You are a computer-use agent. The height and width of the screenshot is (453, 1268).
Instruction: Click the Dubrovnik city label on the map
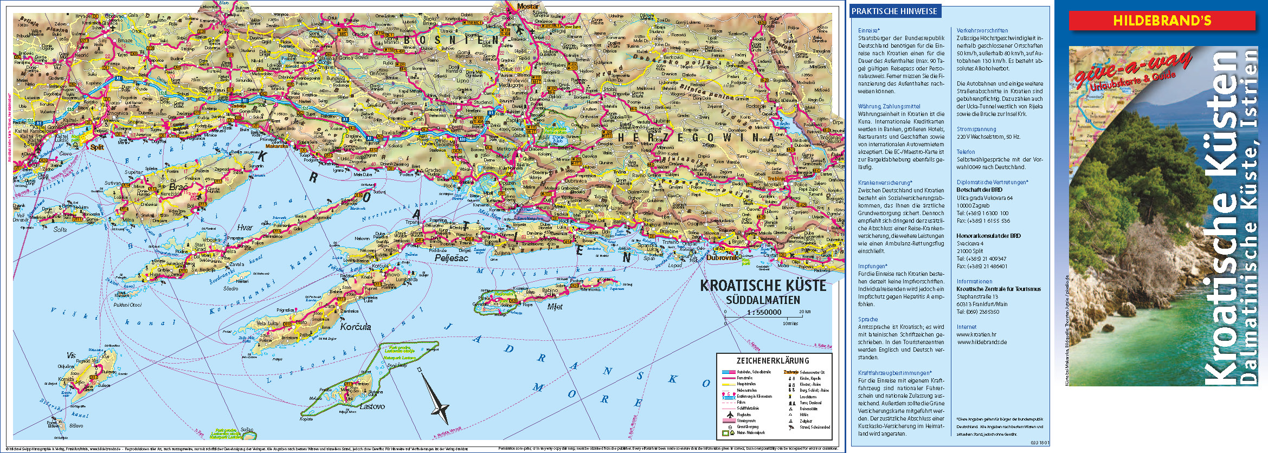pyautogui.click(x=723, y=258)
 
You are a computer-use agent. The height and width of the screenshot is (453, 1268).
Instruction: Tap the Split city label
pyautogui.click(x=97, y=147)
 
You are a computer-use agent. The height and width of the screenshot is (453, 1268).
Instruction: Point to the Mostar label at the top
pyautogui.click(x=527, y=7)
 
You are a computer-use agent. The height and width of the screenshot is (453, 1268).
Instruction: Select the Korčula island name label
pyautogui.click(x=356, y=327)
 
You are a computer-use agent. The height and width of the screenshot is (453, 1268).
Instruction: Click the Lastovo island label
pyautogui.click(x=372, y=406)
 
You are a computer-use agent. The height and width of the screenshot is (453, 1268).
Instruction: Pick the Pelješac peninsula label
pyautogui.click(x=451, y=258)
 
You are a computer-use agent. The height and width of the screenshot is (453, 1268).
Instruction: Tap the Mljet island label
pyautogui.click(x=555, y=307)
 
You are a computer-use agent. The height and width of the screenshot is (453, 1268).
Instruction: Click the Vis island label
pyautogui.click(x=71, y=355)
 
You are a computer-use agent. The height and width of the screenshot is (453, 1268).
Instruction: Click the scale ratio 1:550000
pyautogui.click(x=764, y=312)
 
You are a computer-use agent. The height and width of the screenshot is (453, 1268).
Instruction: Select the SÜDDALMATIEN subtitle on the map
pyautogui.click(x=763, y=300)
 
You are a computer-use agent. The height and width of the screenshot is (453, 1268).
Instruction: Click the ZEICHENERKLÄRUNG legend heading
pyautogui.click(x=773, y=361)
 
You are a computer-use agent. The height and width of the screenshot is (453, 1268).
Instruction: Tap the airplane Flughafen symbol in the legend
pyautogui.click(x=729, y=415)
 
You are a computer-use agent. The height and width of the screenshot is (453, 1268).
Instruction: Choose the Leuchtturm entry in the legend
pyautogui.click(x=808, y=397)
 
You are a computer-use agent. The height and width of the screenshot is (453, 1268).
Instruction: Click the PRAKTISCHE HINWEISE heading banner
pyautogui.click(x=894, y=11)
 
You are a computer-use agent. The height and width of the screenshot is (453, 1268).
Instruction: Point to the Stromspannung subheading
pyautogui.click(x=976, y=130)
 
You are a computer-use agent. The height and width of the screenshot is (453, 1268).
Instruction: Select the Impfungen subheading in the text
pyautogui.click(x=872, y=266)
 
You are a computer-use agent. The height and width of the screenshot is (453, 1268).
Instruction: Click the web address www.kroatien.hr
pyautogui.click(x=976, y=335)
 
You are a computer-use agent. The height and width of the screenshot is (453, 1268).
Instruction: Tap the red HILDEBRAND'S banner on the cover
pyautogui.click(x=1161, y=21)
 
